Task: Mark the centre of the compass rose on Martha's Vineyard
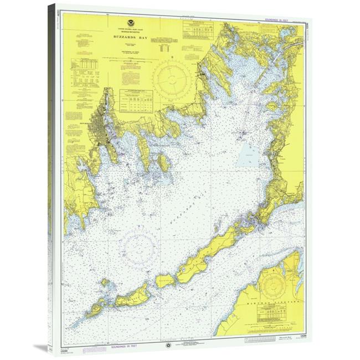click(x=272, y=287)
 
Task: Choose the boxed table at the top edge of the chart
click(x=197, y=30)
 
